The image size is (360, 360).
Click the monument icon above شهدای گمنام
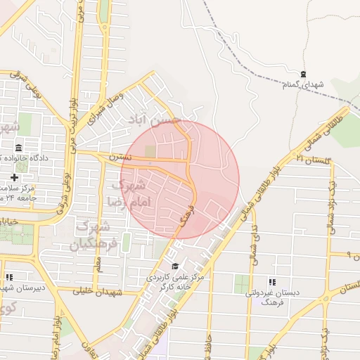304,74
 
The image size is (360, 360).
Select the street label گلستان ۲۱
311,160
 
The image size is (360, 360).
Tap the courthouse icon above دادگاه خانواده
18,148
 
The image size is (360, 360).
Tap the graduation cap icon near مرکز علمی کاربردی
175,266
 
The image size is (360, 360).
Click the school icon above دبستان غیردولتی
272,281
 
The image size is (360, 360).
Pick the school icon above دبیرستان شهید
9,278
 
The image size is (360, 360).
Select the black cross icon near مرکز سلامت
13,177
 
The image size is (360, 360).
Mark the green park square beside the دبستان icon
241,284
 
